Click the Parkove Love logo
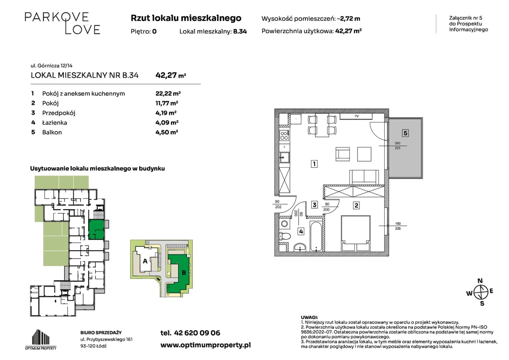click(x=62, y=23)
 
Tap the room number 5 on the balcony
click(x=405, y=133)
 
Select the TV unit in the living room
click(x=356, y=116)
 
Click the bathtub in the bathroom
click(x=316, y=236)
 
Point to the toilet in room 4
click(x=285, y=236)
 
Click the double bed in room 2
click(x=356, y=233)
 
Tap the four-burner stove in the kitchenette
click(x=284, y=135)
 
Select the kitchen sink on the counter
click(x=284, y=157)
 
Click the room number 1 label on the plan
click(x=314, y=164)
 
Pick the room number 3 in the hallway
click(x=314, y=205)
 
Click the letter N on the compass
click(x=480, y=281)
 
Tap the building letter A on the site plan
click(x=145, y=261)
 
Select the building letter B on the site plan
click(x=184, y=273)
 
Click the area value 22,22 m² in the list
click(x=168, y=93)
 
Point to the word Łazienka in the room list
click(x=55, y=123)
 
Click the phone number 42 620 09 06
click(x=197, y=333)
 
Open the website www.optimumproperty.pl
click(x=205, y=345)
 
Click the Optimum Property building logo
click(x=41, y=339)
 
